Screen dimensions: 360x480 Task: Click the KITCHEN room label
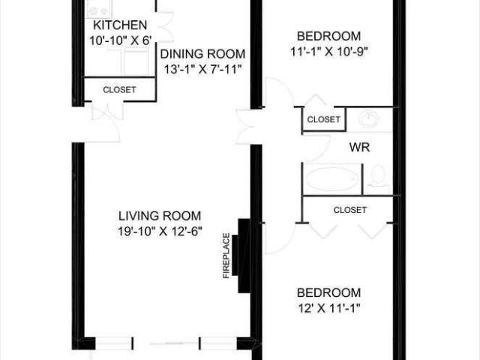pos(120,24)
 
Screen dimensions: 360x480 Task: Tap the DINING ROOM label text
pos(202,53)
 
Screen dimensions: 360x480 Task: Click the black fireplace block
pos(243,256)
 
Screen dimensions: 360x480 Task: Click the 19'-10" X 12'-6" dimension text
pos(160,231)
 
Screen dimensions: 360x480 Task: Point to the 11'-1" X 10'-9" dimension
pos(328,52)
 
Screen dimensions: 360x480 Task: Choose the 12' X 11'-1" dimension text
pos(328,307)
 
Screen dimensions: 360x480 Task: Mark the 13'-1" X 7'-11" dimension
pos(202,69)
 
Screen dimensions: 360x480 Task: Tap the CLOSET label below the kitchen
pos(120,90)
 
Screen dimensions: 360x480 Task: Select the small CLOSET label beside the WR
pos(324,119)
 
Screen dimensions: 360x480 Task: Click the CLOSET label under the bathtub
pos(349,210)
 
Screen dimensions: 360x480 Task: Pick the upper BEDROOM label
pos(328,36)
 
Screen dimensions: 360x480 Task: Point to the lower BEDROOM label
pos(328,292)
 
